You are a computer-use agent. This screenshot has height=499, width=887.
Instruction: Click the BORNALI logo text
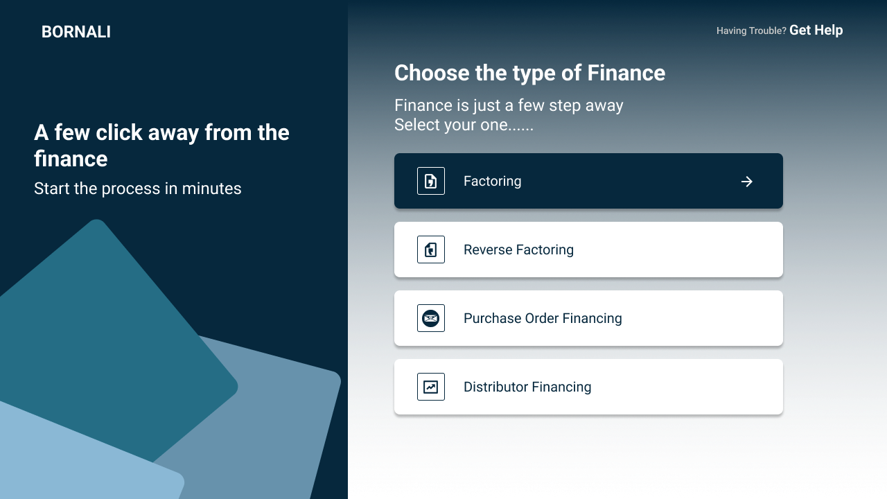tap(76, 32)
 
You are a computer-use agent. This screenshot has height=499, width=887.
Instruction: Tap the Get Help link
tap(816, 30)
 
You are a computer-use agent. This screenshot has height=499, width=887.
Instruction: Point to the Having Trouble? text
tap(751, 31)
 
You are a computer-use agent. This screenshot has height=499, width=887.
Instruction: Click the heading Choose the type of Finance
tap(530, 73)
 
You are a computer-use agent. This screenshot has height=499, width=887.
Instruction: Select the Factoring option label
tap(492, 181)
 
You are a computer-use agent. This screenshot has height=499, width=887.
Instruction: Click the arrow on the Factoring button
tap(747, 182)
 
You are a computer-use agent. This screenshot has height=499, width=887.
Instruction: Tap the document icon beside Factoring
tap(431, 181)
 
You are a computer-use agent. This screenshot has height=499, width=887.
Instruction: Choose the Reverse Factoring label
tap(518, 249)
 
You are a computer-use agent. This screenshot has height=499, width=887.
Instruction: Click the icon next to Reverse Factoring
tap(431, 249)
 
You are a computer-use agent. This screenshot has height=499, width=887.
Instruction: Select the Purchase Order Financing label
tap(543, 318)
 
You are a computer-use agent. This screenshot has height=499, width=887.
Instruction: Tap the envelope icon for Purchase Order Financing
tap(431, 318)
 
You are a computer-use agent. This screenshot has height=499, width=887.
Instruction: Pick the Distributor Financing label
tap(527, 387)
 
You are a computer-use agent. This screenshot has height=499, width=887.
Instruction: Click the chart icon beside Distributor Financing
tap(431, 387)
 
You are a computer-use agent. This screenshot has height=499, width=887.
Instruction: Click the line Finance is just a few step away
tap(509, 106)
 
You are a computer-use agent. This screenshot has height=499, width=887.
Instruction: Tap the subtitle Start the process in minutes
tap(137, 189)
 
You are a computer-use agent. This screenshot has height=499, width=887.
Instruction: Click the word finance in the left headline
tap(71, 159)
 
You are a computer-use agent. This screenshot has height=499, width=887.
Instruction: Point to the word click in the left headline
tap(118, 132)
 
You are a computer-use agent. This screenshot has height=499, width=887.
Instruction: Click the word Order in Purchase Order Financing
tap(542, 318)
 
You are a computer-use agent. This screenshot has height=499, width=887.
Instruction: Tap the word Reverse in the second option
tap(488, 249)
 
